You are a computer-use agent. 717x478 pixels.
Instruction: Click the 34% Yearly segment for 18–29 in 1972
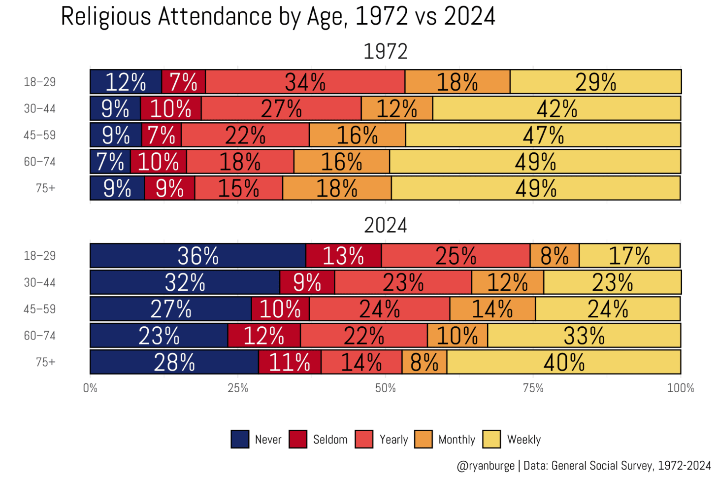(x=305, y=82)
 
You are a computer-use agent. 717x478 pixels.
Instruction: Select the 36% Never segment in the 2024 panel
(x=198, y=256)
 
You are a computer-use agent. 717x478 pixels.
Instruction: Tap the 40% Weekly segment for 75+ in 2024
(x=564, y=362)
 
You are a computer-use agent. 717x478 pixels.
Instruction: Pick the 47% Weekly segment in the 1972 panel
(x=543, y=135)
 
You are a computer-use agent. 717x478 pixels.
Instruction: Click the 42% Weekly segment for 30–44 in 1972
(x=556, y=108)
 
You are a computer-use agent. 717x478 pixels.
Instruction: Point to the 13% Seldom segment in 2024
(x=343, y=256)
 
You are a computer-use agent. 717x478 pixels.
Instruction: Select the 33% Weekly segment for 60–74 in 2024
(x=584, y=336)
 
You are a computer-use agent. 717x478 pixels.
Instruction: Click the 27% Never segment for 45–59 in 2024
(x=171, y=309)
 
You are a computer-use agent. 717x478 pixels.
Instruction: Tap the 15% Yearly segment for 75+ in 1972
(x=239, y=188)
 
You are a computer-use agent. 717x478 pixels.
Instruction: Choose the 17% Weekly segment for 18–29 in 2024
(x=629, y=256)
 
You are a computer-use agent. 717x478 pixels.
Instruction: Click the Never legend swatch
(x=240, y=439)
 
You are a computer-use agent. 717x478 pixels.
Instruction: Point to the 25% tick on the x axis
(x=238, y=388)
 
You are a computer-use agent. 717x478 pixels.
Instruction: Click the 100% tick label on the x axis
(x=681, y=388)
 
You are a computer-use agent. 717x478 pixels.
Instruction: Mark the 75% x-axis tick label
(x=533, y=388)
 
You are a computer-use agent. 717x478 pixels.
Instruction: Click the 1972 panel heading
(x=385, y=52)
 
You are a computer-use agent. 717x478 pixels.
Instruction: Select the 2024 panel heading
(x=385, y=226)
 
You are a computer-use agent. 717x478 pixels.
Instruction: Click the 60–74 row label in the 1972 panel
(x=40, y=162)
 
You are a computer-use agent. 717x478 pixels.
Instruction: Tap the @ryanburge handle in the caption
(x=486, y=466)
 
